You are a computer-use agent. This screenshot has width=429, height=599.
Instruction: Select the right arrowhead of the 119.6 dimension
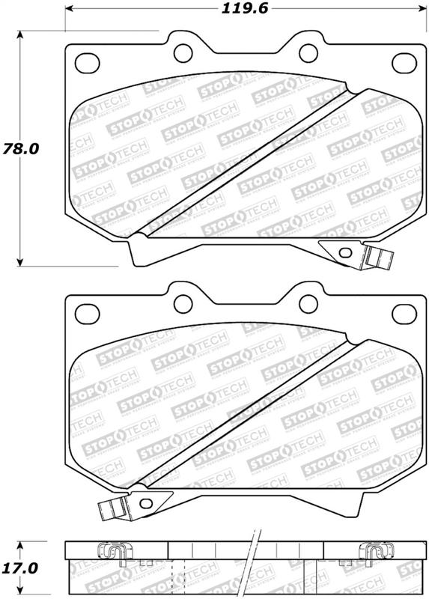(x=417, y=10)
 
